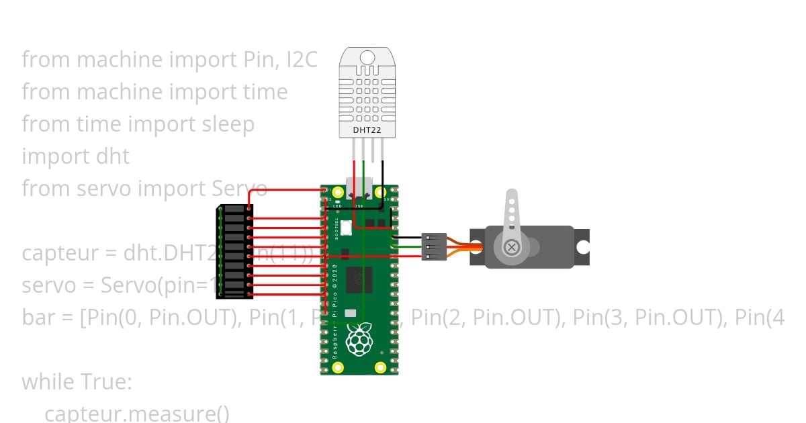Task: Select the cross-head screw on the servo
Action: (x=512, y=248)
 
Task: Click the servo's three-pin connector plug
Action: (x=434, y=246)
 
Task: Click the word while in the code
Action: (x=48, y=382)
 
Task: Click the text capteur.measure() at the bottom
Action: (x=137, y=413)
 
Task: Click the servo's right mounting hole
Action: (x=582, y=248)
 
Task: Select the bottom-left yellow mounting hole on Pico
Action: (x=339, y=367)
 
